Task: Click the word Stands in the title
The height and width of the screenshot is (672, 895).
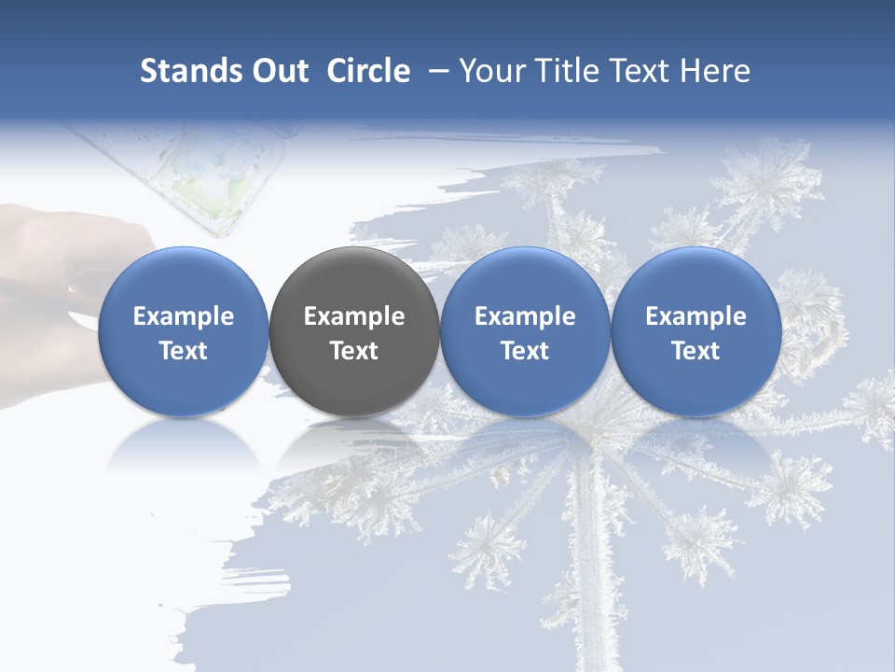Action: click(190, 71)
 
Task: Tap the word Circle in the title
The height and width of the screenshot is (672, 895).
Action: click(368, 71)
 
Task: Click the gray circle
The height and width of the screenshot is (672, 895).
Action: click(354, 331)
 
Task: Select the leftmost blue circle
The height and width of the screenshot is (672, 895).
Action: click(184, 331)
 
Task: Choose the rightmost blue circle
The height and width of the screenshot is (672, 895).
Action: click(696, 331)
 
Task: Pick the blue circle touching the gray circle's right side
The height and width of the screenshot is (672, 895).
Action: click(525, 331)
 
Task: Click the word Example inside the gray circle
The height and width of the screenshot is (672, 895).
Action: click(354, 316)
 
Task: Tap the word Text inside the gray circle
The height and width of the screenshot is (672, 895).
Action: click(354, 351)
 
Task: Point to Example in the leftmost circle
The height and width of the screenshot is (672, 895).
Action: click(184, 316)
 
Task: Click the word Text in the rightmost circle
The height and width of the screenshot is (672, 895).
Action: click(696, 351)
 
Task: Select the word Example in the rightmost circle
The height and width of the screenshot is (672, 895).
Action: click(696, 316)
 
